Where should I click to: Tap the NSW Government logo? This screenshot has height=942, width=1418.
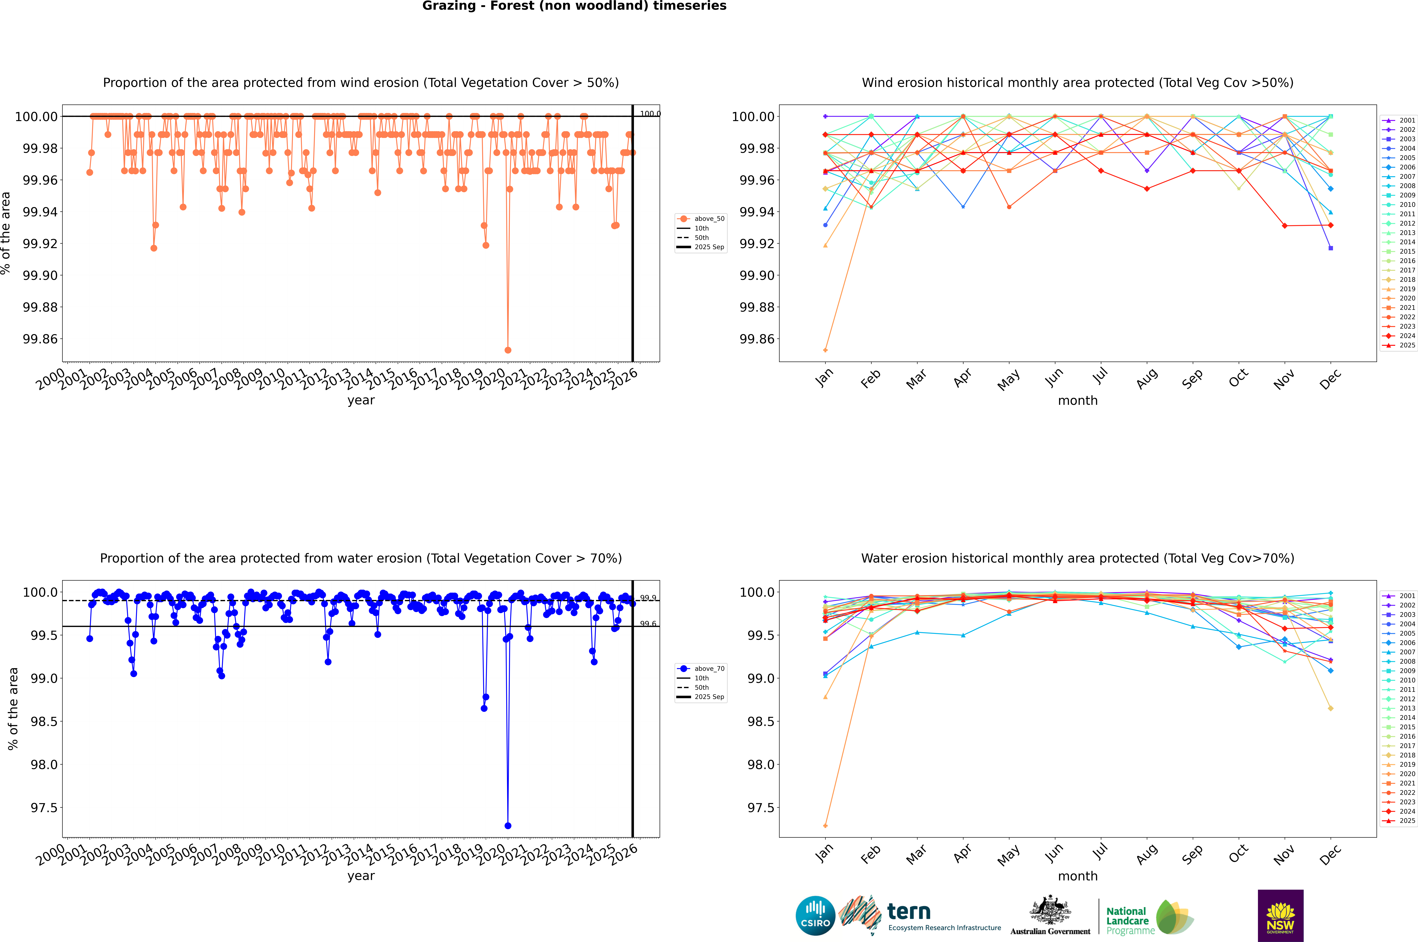[x=1280, y=916]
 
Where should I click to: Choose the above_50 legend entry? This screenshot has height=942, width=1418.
[x=702, y=219]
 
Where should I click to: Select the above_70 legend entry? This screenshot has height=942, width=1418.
[x=702, y=669]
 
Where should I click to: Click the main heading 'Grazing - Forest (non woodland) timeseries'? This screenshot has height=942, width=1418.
[x=574, y=6]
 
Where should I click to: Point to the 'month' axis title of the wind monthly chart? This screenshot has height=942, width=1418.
[x=1077, y=401]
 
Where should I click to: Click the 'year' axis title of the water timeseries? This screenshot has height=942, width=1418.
[x=361, y=876]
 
